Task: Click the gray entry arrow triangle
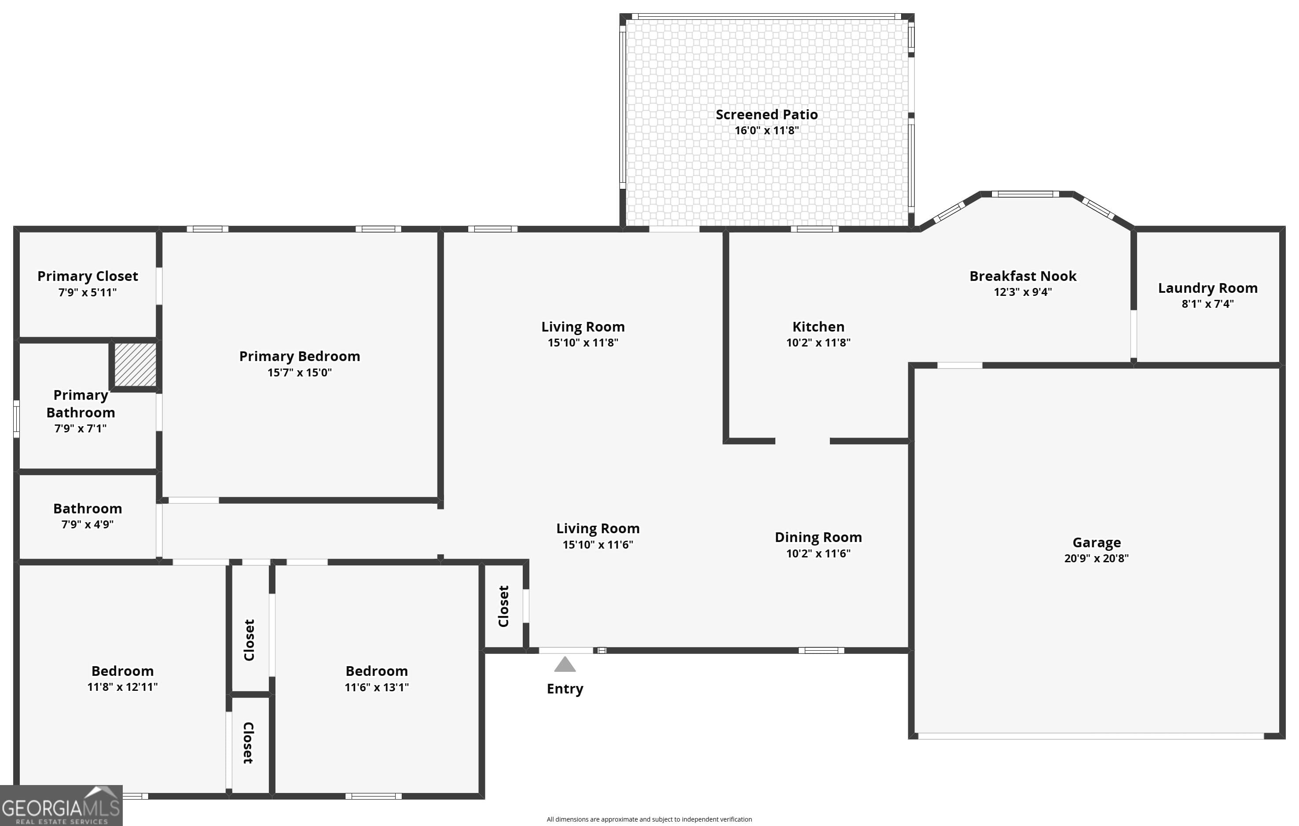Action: [x=565, y=665]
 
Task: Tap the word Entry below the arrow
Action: [x=565, y=689]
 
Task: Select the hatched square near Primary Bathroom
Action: [x=135, y=365]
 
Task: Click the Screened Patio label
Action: [x=767, y=114]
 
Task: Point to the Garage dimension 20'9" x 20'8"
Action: [x=1096, y=558]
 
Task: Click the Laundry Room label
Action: [x=1207, y=288]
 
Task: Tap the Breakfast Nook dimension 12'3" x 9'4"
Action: [x=1023, y=292]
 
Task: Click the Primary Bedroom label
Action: [x=299, y=356]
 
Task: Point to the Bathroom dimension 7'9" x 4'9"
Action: [x=88, y=524]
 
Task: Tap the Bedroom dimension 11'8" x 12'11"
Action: [x=122, y=687]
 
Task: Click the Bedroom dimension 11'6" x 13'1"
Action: [x=377, y=687]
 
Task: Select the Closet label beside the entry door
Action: [x=503, y=606]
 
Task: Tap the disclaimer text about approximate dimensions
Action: [x=649, y=819]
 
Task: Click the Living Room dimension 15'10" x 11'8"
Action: [x=583, y=342]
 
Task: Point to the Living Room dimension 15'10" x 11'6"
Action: [x=598, y=545]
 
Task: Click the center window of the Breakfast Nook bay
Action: [x=1025, y=194]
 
